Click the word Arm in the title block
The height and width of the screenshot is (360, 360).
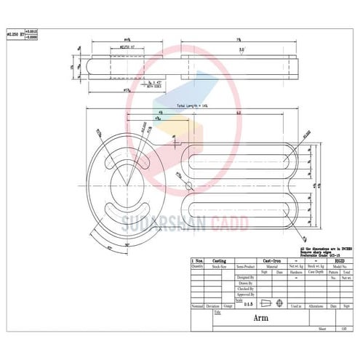click(x=261, y=318)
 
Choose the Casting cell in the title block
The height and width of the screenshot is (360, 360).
click(x=218, y=260)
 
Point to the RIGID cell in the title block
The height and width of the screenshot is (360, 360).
click(x=339, y=260)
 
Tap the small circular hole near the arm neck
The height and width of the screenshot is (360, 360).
click(x=190, y=185)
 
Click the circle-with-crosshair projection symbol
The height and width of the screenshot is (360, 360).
click(x=281, y=303)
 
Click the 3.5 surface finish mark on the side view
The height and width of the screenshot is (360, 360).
click(x=241, y=51)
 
